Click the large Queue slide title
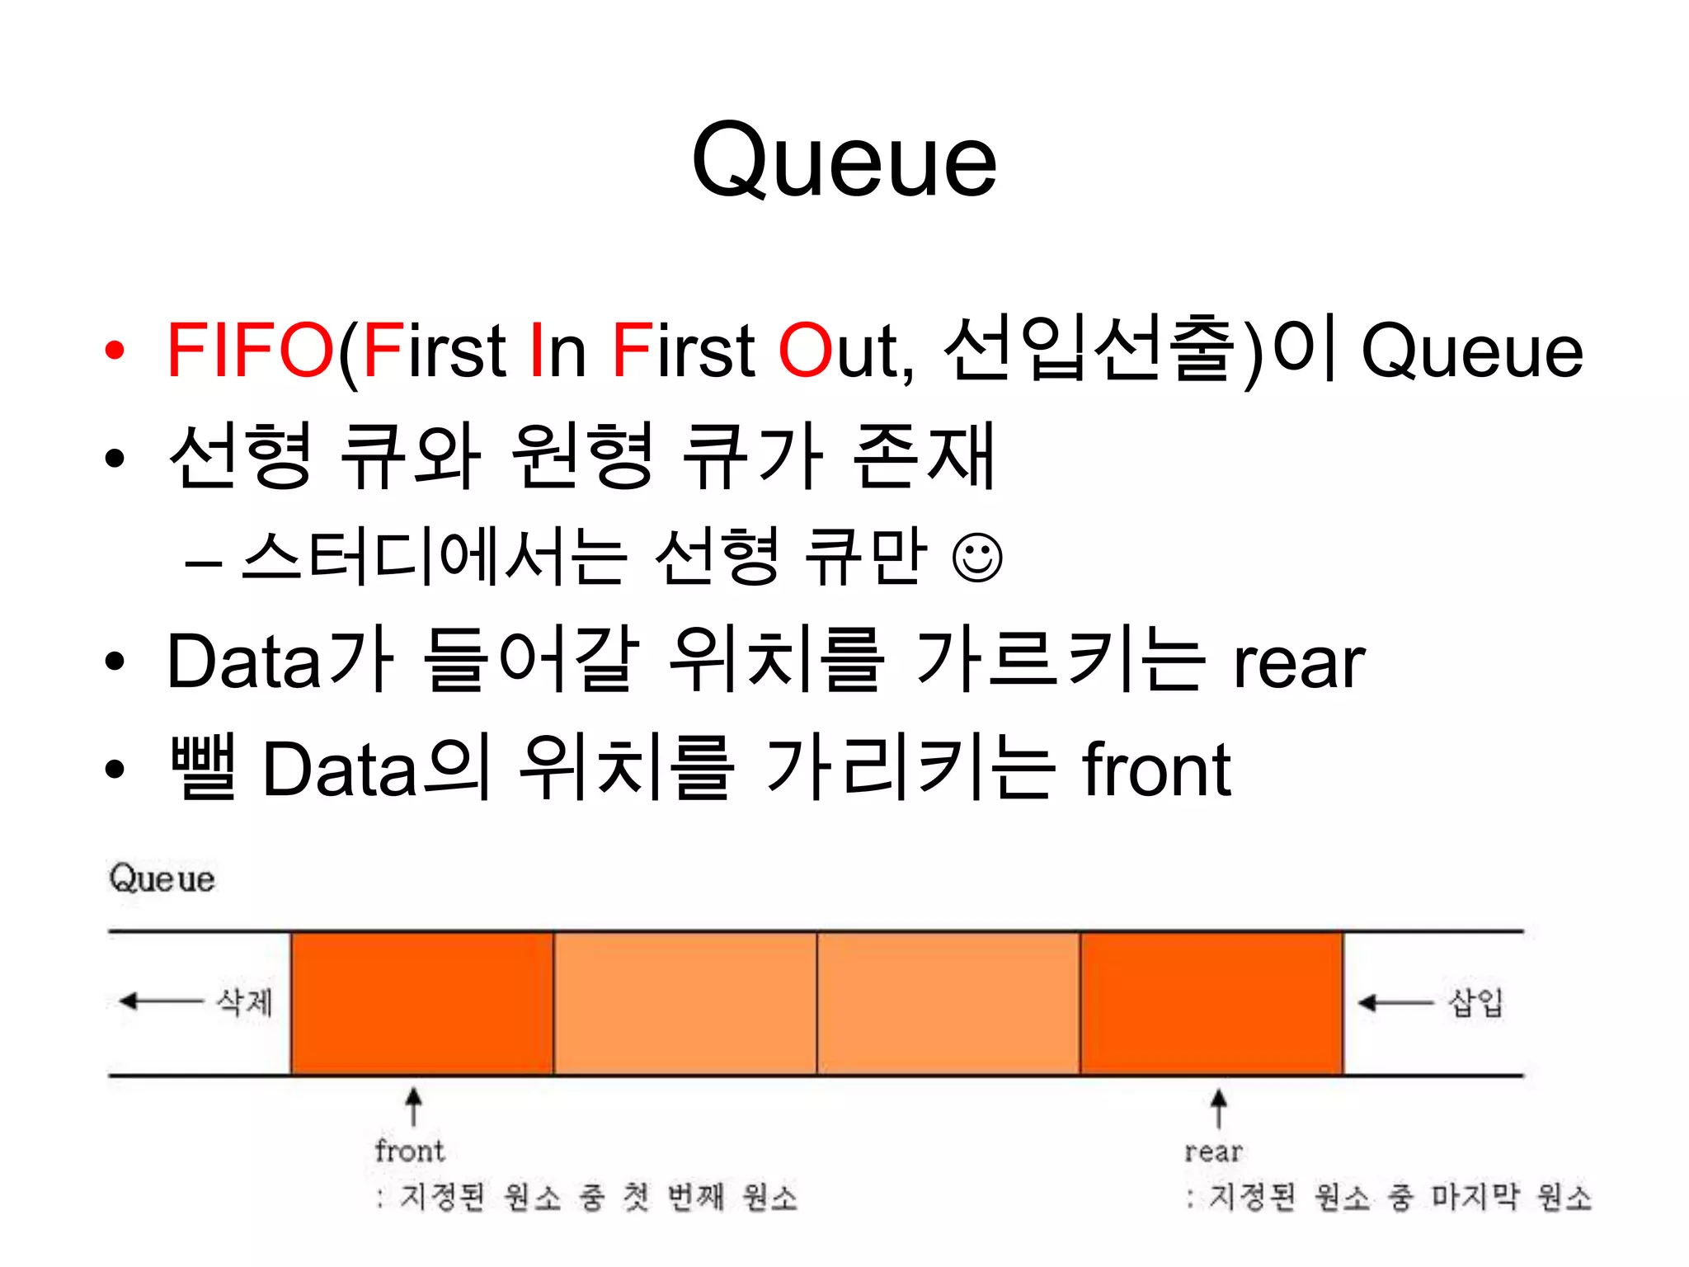844,161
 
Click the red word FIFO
250,351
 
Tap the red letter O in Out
804,351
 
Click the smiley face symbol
977,558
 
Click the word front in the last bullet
1156,770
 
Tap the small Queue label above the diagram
162,878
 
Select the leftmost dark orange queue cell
421,1003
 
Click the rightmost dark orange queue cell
1211,1003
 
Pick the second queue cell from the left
685,1003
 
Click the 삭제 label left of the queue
244,1002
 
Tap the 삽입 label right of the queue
1476,1002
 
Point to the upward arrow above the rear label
1218,1107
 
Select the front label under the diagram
409,1151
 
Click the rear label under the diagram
1213,1152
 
